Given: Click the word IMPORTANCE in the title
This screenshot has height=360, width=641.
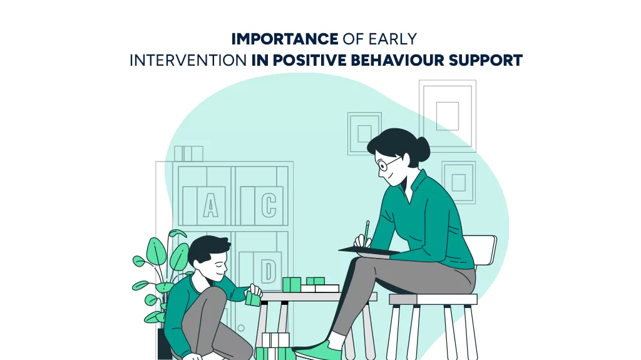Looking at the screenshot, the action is tap(285, 39).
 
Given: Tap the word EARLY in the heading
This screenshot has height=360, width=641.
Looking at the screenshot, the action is tap(392, 39).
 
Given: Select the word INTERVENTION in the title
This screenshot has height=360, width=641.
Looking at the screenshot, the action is tap(188, 61).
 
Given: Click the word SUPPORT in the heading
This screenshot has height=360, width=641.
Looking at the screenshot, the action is tap(486, 61).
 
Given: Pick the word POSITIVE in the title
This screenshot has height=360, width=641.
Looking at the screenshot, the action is tap(309, 61).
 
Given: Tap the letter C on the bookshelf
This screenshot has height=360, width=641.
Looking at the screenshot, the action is tap(269, 205).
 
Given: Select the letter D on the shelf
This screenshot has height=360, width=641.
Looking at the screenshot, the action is tap(268, 270).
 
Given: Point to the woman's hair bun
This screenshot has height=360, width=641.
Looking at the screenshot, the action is tap(422, 148).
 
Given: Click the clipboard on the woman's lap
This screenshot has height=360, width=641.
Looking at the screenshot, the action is tap(369, 251).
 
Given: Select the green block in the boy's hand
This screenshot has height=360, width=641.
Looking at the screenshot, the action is tap(253, 299).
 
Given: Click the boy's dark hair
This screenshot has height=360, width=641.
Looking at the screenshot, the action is tap(208, 249).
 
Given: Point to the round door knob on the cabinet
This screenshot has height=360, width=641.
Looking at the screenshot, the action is tap(241, 328).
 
